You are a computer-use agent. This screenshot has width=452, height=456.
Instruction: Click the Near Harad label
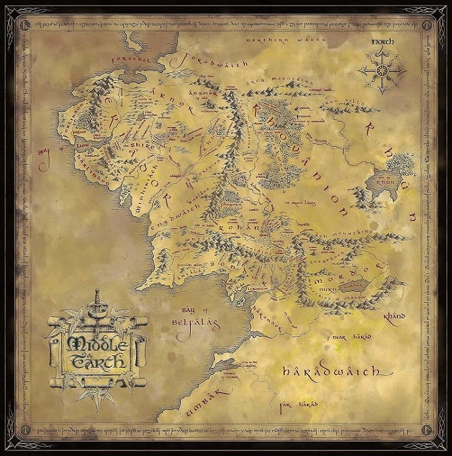(349, 337)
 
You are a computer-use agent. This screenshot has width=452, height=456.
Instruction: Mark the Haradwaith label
(330, 373)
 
